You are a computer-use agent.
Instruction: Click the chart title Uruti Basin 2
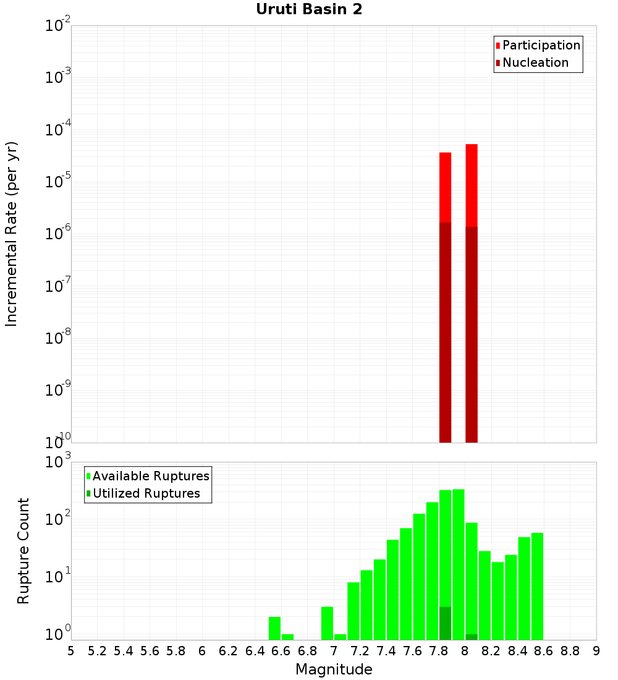(x=309, y=9)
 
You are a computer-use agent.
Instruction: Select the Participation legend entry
(x=538, y=45)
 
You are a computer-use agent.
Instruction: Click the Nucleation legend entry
(x=531, y=62)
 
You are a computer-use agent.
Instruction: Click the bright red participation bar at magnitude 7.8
(x=445, y=185)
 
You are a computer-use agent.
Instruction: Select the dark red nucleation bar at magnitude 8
(x=472, y=334)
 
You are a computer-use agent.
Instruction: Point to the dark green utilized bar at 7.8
(x=445, y=623)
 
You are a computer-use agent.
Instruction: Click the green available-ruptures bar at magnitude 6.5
(x=274, y=628)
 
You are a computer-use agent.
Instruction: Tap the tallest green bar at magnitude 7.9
(x=458, y=563)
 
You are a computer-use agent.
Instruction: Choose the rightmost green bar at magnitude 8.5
(x=537, y=584)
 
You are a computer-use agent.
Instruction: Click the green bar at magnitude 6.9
(x=327, y=623)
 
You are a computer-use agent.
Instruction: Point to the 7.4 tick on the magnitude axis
(x=386, y=651)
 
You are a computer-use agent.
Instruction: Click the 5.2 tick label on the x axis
(x=97, y=651)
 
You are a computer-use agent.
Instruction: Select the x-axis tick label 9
(x=596, y=651)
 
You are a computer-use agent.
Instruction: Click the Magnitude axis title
(x=334, y=669)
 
